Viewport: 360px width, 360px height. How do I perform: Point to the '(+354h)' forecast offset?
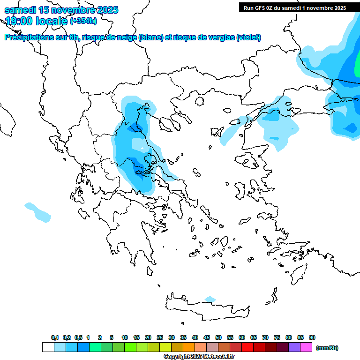(83, 21)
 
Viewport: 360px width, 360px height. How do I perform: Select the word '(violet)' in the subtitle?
(248, 37)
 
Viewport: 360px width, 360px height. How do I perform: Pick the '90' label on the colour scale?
(312, 337)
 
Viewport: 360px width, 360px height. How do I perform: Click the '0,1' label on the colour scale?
(55, 337)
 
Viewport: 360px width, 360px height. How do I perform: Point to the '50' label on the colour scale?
(218, 337)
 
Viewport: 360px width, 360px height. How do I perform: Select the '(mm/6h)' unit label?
(327, 348)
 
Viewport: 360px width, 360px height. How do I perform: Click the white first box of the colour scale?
(48, 347)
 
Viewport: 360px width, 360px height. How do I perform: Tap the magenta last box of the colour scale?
(306, 347)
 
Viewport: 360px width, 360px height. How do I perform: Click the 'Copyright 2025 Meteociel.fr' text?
(199, 357)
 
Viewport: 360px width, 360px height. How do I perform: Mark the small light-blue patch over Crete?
(210, 299)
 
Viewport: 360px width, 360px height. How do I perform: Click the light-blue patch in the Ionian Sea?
(37, 211)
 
